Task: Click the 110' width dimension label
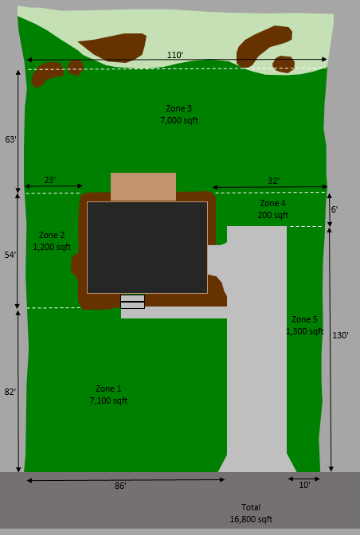click(175, 55)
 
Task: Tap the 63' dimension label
click(10, 139)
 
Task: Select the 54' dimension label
click(10, 255)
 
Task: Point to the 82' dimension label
click(10, 392)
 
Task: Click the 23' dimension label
click(50, 180)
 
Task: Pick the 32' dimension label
click(274, 181)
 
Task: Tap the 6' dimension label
click(335, 209)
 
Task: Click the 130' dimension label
click(340, 335)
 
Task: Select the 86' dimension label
click(120, 486)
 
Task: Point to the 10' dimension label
click(304, 485)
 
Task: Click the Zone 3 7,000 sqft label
click(179, 115)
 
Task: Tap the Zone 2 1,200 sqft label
click(52, 241)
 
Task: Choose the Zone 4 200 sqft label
click(273, 209)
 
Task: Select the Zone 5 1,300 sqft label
click(305, 325)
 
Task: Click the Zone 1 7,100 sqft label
click(108, 394)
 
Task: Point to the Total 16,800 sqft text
click(251, 514)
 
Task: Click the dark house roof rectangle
click(147, 248)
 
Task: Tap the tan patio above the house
click(143, 186)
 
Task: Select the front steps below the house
click(133, 302)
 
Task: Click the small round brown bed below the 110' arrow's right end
click(284, 64)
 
